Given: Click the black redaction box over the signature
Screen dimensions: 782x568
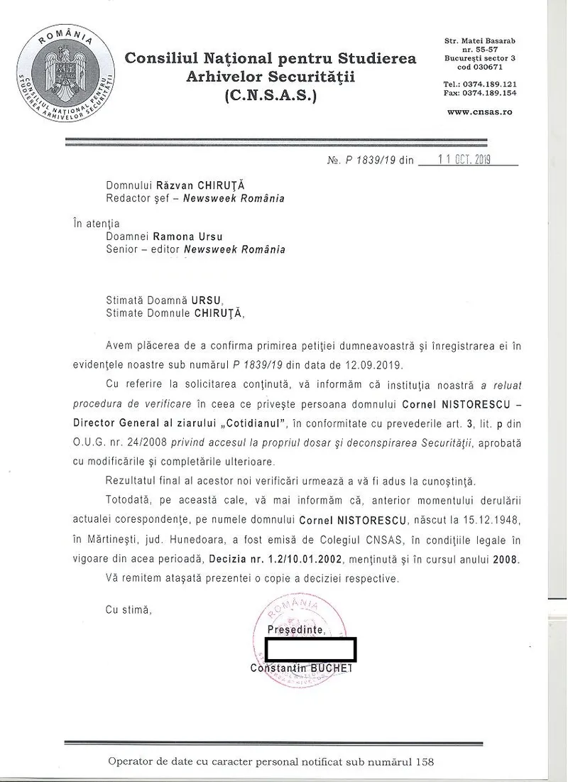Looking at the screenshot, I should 310,649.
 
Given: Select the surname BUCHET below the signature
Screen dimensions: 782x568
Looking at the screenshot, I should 332,668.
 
